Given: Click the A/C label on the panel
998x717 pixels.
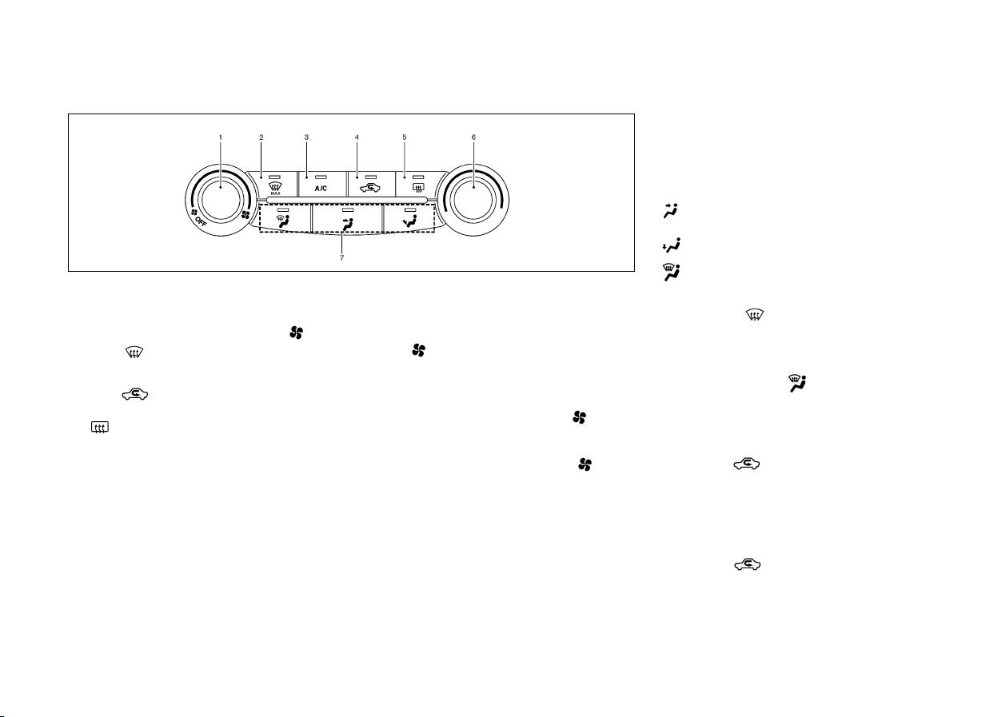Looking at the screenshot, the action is click(x=321, y=189).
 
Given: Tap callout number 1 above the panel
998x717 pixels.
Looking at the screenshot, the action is click(x=220, y=137).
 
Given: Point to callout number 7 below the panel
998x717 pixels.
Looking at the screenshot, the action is click(x=341, y=257).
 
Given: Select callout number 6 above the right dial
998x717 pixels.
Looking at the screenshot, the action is click(x=473, y=137).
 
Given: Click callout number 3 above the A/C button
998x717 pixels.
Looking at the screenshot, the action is click(x=306, y=137).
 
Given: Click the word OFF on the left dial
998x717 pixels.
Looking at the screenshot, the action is click(x=201, y=221).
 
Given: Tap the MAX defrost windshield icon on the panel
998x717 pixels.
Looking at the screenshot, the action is click(x=275, y=189).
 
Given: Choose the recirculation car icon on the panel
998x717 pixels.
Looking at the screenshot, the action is click(x=370, y=188).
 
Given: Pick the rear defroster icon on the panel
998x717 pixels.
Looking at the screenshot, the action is click(x=419, y=188).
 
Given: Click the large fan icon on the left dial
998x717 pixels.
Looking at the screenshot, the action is click(x=246, y=215).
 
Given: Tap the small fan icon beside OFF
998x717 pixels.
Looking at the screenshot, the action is click(x=194, y=213).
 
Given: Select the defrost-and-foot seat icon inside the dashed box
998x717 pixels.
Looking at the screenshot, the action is click(x=283, y=221).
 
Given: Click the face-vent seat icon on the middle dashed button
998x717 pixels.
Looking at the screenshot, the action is click(x=348, y=224).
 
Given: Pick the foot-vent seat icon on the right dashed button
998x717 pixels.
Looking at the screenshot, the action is click(x=409, y=221).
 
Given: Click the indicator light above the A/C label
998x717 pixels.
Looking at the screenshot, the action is click(x=321, y=177).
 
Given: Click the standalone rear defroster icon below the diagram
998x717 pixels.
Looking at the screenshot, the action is click(x=99, y=427).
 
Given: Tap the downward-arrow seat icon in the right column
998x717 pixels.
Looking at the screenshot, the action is click(x=672, y=245).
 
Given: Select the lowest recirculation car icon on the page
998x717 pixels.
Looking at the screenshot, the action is click(x=747, y=564).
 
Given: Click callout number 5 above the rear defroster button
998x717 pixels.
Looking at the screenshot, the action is click(x=404, y=137).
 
